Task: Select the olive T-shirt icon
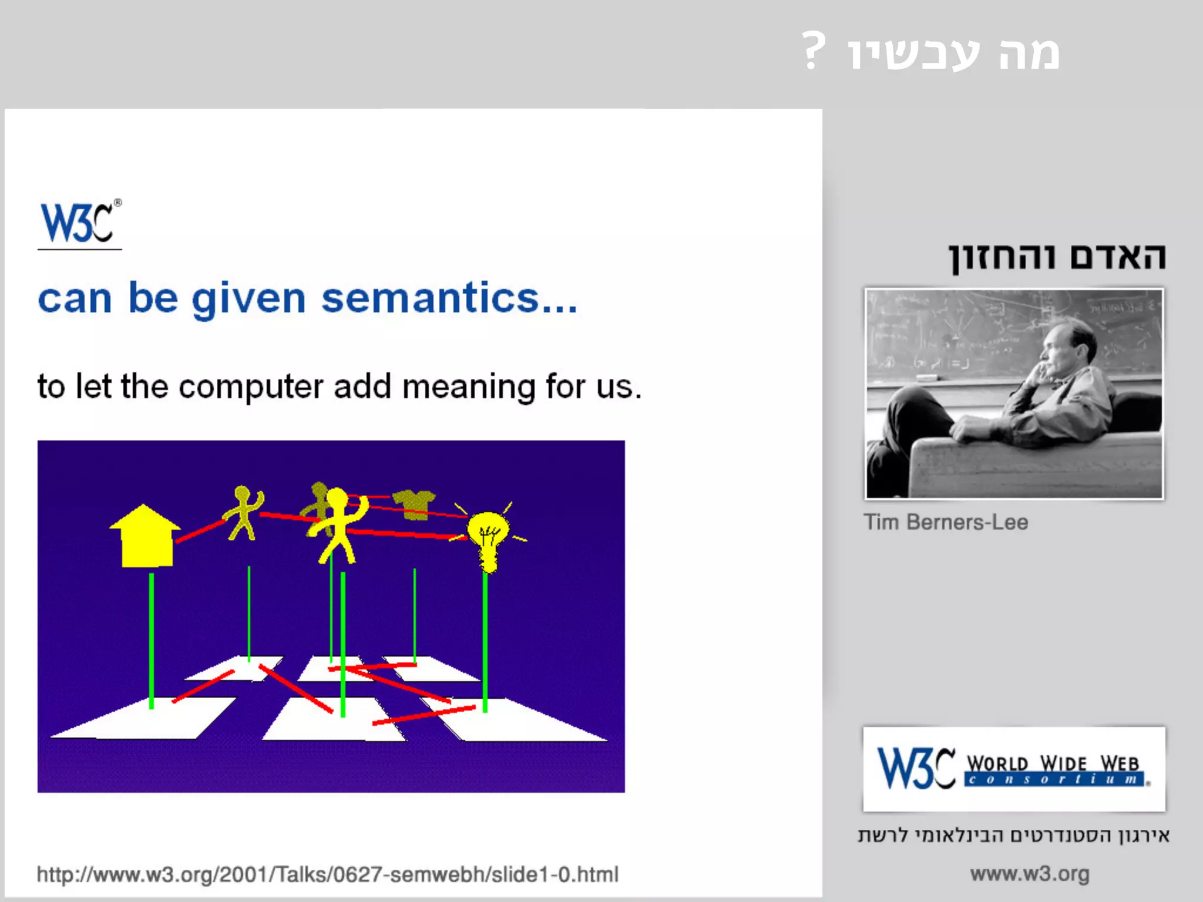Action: [x=414, y=504]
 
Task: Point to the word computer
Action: [x=251, y=387]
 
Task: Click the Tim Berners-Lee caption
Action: [x=946, y=522]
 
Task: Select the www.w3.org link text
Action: [x=1030, y=874]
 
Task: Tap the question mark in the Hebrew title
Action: [x=814, y=52]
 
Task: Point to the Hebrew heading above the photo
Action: [x=1057, y=257]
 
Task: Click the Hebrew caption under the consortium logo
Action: [x=1013, y=835]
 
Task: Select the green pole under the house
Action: [x=152, y=640]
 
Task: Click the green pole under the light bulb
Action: [x=485, y=643]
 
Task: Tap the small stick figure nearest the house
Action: [x=243, y=512]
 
